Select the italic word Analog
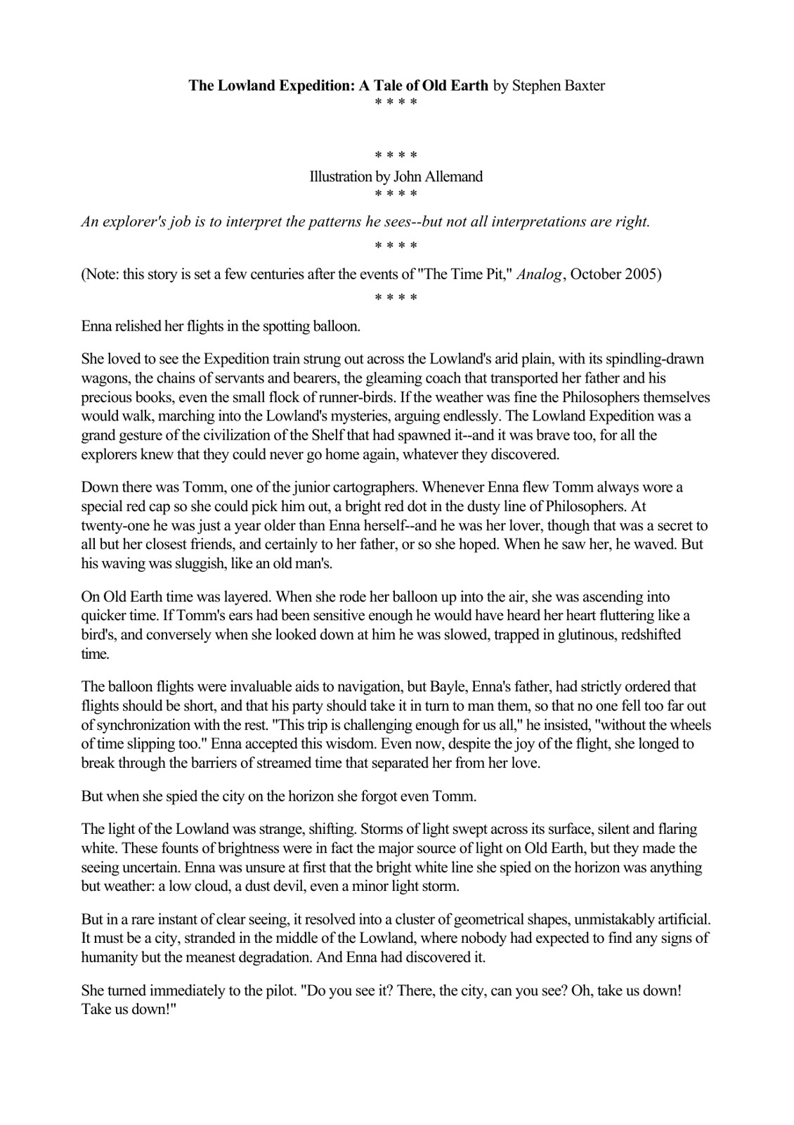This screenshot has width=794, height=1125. click(x=541, y=274)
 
